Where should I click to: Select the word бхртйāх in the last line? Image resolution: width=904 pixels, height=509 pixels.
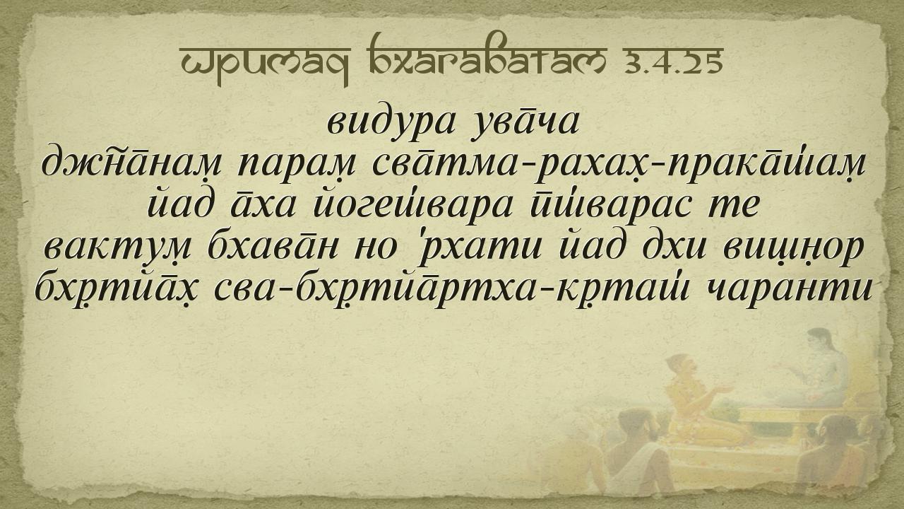pyautogui.click(x=117, y=289)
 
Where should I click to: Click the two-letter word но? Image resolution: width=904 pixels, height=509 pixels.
pyautogui.click(x=376, y=248)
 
